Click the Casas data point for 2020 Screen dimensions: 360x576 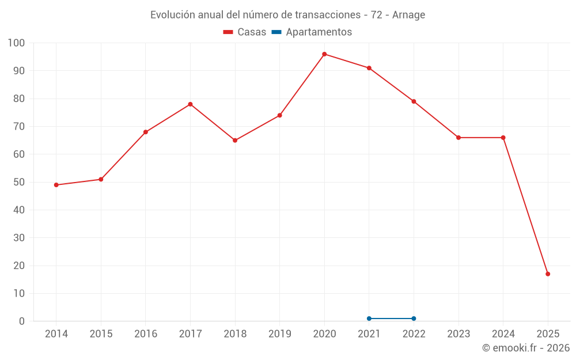pos(324,54)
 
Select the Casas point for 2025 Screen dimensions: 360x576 pos(548,274)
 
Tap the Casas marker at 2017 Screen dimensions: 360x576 pos(190,104)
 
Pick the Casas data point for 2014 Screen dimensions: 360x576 pos(56,185)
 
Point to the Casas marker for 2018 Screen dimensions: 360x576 pos(235,141)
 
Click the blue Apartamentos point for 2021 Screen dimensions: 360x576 pos(369,319)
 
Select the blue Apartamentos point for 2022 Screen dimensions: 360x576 pos(414,319)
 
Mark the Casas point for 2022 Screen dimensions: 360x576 pos(414,101)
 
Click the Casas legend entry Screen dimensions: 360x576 pos(245,32)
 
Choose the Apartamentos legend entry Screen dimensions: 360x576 pos(312,32)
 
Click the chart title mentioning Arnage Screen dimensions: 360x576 pos(287,15)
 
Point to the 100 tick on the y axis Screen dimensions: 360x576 pos(17,43)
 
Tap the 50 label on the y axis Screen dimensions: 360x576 pos(19,183)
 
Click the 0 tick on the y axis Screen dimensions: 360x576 pos(22,321)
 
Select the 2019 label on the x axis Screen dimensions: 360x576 pos(279,334)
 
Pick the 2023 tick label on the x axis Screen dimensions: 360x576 pos(458,334)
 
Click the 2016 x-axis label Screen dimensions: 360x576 pos(145,334)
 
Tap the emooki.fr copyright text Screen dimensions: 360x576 pos(525,348)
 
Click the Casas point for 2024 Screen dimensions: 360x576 pos(503,138)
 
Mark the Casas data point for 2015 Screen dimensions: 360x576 pos(101,179)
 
